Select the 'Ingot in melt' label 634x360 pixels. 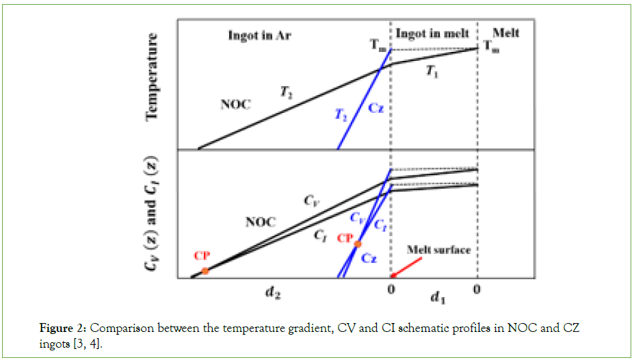pyautogui.click(x=425, y=34)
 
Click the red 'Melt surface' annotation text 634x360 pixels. pyautogui.click(x=438, y=250)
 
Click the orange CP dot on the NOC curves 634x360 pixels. pyautogui.click(x=204, y=271)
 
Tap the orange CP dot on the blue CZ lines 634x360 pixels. pyautogui.click(x=357, y=244)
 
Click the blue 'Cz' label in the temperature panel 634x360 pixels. pyautogui.click(x=376, y=108)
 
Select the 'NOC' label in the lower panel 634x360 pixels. pyautogui.click(x=261, y=222)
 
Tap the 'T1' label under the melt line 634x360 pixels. pyautogui.click(x=432, y=71)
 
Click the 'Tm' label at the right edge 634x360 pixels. pyautogui.click(x=490, y=46)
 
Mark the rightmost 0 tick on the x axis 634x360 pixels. pyautogui.click(x=477, y=290)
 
